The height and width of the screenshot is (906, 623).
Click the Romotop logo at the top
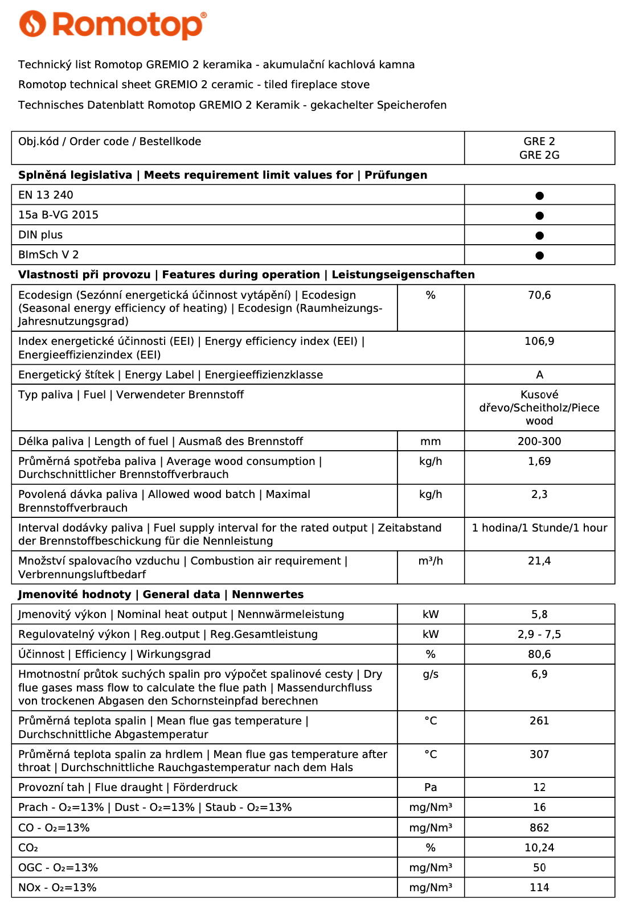pyautogui.click(x=113, y=25)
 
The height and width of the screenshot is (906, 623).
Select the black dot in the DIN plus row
pyautogui.click(x=539, y=236)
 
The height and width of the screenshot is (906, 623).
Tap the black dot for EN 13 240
pyautogui.click(x=539, y=196)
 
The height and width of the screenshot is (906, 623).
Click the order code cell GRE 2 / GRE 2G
pyautogui.click(x=539, y=148)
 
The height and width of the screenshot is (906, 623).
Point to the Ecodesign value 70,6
pyautogui.click(x=539, y=295)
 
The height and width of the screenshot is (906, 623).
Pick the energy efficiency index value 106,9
pyautogui.click(x=539, y=341)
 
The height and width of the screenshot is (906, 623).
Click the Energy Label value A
pyautogui.click(x=539, y=375)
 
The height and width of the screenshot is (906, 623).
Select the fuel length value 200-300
pyautogui.click(x=539, y=442)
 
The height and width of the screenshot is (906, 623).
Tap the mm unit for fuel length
pyautogui.click(x=431, y=442)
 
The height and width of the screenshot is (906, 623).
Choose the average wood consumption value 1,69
pyautogui.click(x=539, y=462)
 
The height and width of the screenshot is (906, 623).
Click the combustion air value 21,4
pyautogui.click(x=539, y=561)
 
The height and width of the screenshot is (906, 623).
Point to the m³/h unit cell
pyautogui.click(x=431, y=561)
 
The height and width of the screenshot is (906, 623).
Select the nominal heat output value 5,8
pyautogui.click(x=539, y=615)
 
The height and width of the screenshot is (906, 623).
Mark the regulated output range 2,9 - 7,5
pyautogui.click(x=539, y=635)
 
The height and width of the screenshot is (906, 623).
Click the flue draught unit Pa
pyautogui.click(x=431, y=788)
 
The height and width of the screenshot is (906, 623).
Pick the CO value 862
pyautogui.click(x=539, y=828)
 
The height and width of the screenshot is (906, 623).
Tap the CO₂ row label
pyautogui.click(x=28, y=848)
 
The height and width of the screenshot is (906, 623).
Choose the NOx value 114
pyautogui.click(x=539, y=888)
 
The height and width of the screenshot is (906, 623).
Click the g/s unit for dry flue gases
pyautogui.click(x=431, y=674)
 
